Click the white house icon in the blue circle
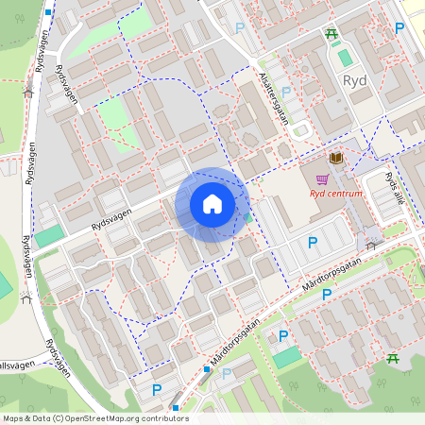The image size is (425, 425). [x=212, y=204]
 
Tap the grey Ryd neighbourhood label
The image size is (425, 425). [x=355, y=81]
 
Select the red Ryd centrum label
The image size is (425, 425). [x=335, y=194]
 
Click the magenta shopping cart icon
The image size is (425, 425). [x=323, y=178]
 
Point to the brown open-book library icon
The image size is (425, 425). [x=336, y=158]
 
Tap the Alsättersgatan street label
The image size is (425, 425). [x=273, y=95]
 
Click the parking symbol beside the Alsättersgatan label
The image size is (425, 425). [x=286, y=92]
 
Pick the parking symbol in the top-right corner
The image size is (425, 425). [x=399, y=28]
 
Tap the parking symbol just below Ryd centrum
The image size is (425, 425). [x=313, y=243]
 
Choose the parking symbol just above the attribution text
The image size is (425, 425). [x=157, y=389]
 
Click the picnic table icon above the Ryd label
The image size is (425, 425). [x=331, y=35]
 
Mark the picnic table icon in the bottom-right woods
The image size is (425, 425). [x=392, y=359]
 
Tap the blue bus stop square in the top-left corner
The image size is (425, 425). [x=47, y=12]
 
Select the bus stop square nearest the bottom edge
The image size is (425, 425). [x=176, y=408]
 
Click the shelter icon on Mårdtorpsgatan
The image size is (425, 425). [x=370, y=246]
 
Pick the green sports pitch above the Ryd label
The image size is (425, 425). [x=345, y=58]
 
